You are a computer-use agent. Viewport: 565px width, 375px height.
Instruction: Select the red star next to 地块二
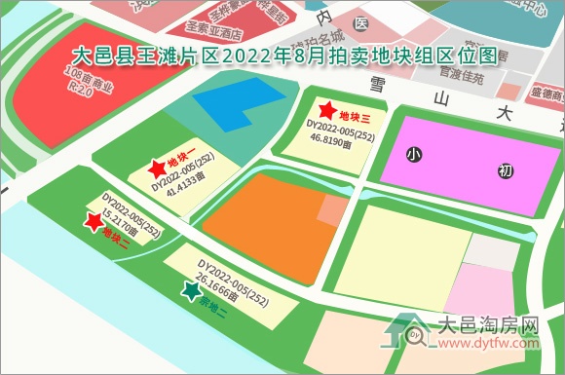[94, 223]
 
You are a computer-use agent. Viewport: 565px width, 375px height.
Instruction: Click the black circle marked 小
[415, 154]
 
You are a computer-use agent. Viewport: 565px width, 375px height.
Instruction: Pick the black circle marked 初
[505, 171]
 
